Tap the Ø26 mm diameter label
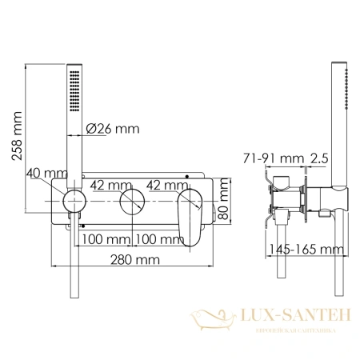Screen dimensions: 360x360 [113, 127]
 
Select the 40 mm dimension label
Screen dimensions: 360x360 [47, 173]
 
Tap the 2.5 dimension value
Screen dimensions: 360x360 [318, 159]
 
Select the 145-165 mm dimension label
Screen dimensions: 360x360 [302, 250]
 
